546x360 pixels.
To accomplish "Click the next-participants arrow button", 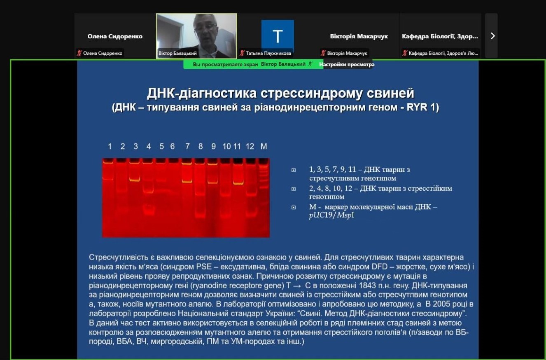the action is pyautogui.click(x=492, y=36).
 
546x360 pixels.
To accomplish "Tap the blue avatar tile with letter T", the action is pyautogui.click(x=278, y=36).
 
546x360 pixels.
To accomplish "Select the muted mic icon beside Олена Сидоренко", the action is pyautogui.click(x=79, y=53).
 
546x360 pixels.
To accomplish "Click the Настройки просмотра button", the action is pyautogui.click(x=347, y=65).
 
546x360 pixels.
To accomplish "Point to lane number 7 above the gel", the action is pyautogui.click(x=187, y=146).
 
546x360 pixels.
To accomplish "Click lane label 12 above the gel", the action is pyautogui.click(x=250, y=146).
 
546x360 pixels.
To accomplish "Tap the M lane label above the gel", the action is pyautogui.click(x=264, y=146).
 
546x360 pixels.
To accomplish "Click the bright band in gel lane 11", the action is pyautogui.click(x=238, y=183).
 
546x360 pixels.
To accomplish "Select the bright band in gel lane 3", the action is pyautogui.click(x=135, y=180).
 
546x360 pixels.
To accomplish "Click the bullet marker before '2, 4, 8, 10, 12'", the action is pyautogui.click(x=294, y=189).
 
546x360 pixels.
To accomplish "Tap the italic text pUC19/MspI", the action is pyautogui.click(x=331, y=215).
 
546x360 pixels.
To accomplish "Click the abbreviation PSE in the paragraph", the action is pyautogui.click(x=204, y=266).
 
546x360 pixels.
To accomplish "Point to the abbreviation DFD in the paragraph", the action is pyautogui.click(x=380, y=266).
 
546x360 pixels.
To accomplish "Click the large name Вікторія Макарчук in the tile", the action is pyautogui.click(x=359, y=36).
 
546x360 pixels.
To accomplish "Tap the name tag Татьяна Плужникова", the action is pyautogui.click(x=268, y=53).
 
